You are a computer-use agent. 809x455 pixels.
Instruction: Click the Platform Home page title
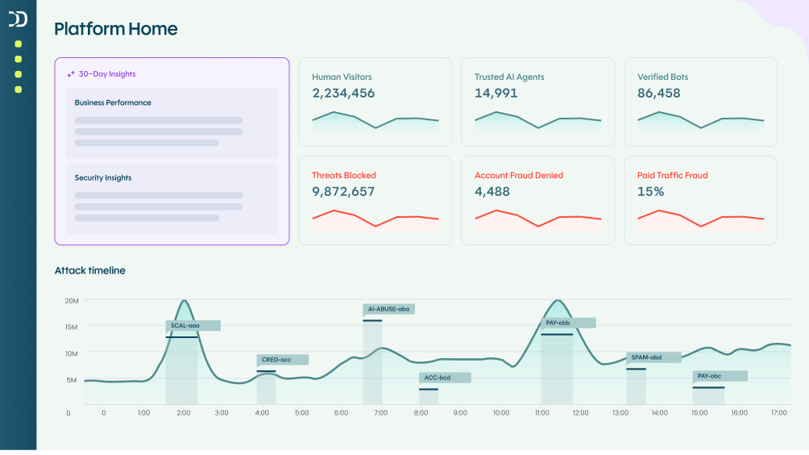point(115,29)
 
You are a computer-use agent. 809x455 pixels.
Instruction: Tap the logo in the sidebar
point(18,19)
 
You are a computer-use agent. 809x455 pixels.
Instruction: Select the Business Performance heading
point(113,103)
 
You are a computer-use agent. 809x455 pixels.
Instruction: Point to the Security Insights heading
point(103,178)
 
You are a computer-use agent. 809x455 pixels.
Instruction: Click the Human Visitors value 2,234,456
point(343,94)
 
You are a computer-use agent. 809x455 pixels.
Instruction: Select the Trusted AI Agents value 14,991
point(496,94)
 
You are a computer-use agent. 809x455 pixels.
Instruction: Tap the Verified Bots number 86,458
point(658,94)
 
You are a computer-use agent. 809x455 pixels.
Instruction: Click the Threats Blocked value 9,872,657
point(343,192)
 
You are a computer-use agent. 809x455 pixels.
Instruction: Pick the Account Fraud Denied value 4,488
point(492,192)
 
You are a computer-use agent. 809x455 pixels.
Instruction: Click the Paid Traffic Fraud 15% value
point(650,192)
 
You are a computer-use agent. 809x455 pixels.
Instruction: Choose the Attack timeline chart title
point(89,271)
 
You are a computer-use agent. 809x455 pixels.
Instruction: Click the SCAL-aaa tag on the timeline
point(193,326)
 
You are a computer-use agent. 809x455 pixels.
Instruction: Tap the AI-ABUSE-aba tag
point(388,309)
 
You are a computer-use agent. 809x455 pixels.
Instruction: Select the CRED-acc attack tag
point(282,360)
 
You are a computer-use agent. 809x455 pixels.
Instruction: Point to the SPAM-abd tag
point(653,357)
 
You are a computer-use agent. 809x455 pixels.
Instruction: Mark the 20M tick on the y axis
point(71,301)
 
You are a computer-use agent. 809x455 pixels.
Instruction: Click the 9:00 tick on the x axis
point(460,413)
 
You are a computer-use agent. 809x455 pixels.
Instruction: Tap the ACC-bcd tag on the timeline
point(444,378)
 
